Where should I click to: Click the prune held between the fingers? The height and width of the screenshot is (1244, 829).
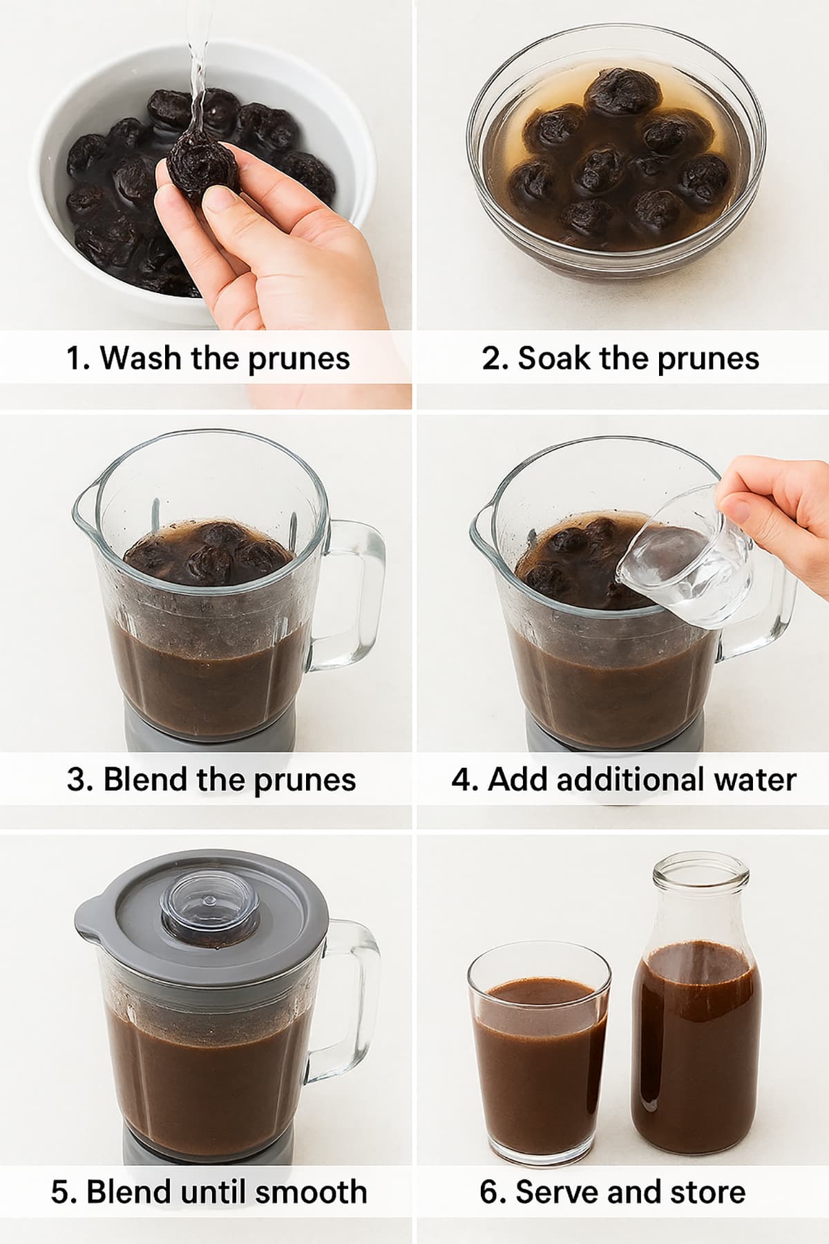point(200,167)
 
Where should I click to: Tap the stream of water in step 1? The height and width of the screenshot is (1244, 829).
point(198,69)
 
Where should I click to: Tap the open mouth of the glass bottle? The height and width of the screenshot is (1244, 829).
point(701,872)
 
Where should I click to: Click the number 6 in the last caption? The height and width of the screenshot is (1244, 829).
point(489,1192)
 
